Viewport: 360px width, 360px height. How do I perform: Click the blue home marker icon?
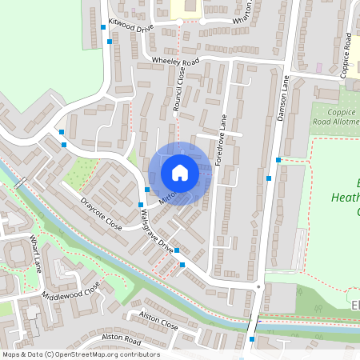pyautogui.click(x=180, y=172)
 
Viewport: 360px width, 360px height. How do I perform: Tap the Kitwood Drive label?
pyautogui.click(x=130, y=27)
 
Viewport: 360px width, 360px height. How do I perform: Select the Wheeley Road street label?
pyautogui.click(x=175, y=62)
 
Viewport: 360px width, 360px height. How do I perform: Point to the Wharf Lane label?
pyautogui.click(x=35, y=253)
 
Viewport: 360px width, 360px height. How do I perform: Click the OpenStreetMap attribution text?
pyautogui.click(x=80, y=354)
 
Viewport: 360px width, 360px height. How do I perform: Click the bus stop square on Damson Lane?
pyautogui.click(x=278, y=160)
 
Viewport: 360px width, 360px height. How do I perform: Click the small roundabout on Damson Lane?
pyautogui.click(x=258, y=287)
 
